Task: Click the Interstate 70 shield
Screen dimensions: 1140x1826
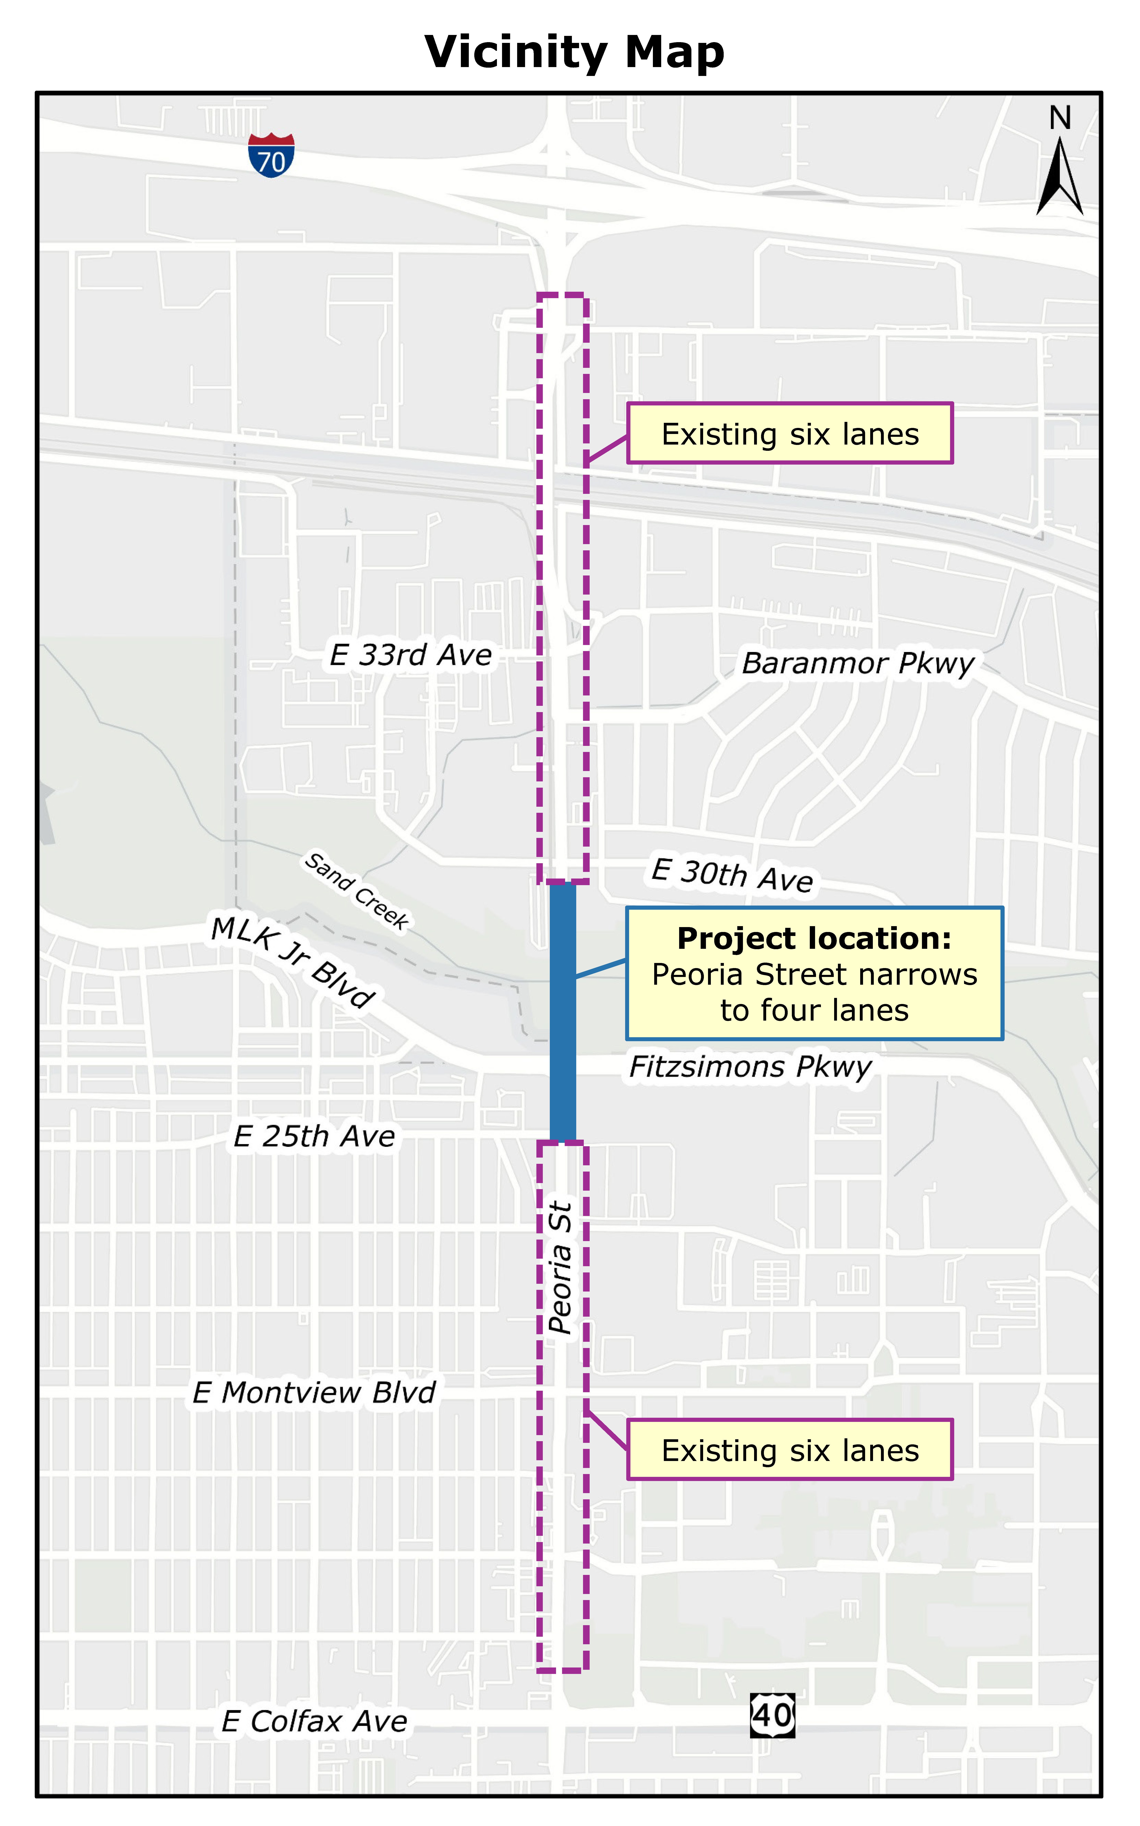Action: click(271, 155)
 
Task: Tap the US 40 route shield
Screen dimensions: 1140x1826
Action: click(772, 1715)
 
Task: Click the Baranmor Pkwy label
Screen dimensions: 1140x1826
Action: click(858, 664)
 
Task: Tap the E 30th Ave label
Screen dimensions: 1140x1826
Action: click(732, 875)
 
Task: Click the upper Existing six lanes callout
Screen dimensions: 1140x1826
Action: click(790, 434)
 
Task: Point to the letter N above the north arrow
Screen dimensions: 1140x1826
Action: click(1060, 118)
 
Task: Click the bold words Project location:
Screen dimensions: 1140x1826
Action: click(814, 938)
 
